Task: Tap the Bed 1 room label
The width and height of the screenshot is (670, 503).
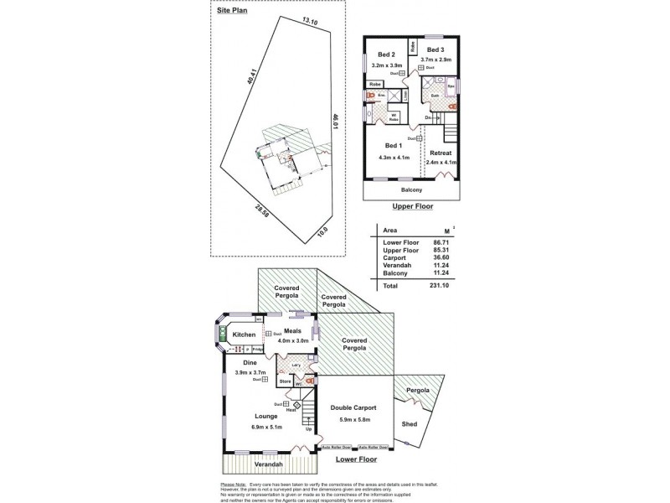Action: (394, 145)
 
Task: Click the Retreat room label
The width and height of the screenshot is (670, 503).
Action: (441, 153)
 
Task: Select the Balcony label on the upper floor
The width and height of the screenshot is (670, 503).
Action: (411, 189)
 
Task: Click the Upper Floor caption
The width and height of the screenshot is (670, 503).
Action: (411, 205)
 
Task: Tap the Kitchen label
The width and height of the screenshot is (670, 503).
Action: (244, 334)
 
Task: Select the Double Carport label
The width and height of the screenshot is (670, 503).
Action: (353, 407)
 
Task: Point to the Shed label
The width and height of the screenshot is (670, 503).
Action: (410, 424)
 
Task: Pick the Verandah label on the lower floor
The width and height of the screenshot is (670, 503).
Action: (263, 464)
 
